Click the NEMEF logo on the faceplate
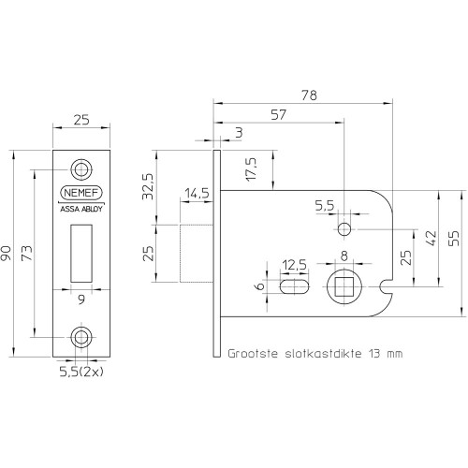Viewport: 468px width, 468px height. click(x=81, y=193)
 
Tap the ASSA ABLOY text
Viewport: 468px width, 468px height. click(x=81, y=209)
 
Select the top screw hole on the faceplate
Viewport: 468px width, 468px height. click(x=81, y=169)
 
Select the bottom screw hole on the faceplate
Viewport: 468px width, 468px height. click(x=81, y=337)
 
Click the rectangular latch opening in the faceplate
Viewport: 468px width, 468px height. click(x=81, y=254)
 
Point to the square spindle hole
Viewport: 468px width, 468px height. click(x=344, y=286)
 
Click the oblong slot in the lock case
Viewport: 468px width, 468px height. click(x=295, y=286)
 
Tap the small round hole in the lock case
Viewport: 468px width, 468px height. click(x=344, y=229)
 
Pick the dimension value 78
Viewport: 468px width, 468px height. click(x=309, y=95)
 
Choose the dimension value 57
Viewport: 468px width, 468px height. click(x=278, y=115)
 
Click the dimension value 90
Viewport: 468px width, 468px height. click(x=7, y=253)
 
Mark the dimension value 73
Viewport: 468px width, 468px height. click(x=27, y=253)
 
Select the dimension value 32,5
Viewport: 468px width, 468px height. click(x=148, y=186)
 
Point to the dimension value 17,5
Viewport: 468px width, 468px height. click(x=251, y=168)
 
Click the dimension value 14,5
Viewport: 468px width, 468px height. click(x=197, y=194)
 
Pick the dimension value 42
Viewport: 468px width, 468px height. click(x=431, y=239)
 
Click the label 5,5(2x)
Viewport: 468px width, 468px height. click(x=81, y=372)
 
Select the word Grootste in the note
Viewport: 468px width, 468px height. click(x=253, y=354)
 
